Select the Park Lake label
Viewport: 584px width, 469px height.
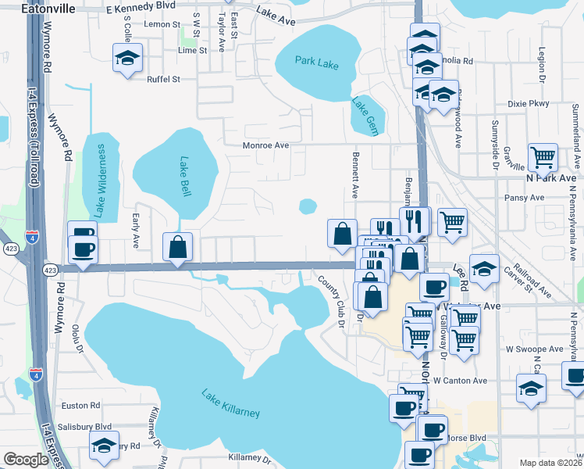[317, 63]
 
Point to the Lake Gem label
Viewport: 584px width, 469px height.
[365, 116]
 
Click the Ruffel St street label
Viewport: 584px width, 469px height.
[164, 79]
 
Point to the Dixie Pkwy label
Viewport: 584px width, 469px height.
[529, 103]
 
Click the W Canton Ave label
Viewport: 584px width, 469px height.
[461, 381]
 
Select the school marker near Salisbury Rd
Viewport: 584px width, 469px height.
[104, 446]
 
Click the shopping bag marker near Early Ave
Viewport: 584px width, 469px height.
[178, 246]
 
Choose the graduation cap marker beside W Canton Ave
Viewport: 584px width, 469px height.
[531, 388]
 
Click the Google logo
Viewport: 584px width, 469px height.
[26, 460]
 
